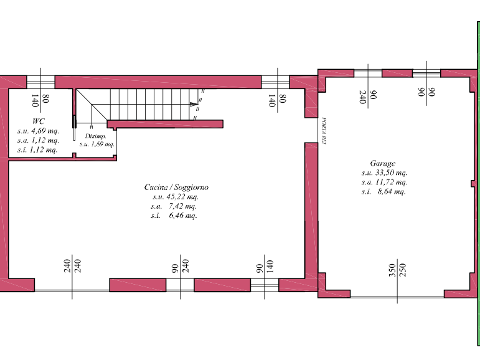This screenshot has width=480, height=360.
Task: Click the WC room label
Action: (x=38, y=121)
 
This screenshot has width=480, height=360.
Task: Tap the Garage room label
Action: (x=382, y=164)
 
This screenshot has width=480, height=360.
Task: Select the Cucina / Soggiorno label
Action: (x=176, y=187)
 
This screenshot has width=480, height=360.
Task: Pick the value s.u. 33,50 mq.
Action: (x=384, y=173)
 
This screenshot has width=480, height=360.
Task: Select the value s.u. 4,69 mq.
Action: (x=38, y=131)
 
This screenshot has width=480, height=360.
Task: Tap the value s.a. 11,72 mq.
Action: (x=384, y=182)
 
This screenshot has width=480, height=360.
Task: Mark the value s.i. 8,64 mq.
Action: (x=384, y=192)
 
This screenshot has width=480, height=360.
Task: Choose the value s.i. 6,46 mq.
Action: (x=174, y=216)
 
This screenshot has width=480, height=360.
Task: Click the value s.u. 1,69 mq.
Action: (x=96, y=144)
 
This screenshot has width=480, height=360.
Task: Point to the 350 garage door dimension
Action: (x=392, y=270)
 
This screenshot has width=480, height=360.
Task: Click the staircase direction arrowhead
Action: (x=192, y=103)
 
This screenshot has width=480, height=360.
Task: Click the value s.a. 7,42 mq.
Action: (x=174, y=206)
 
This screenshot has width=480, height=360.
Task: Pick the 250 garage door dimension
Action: (x=402, y=270)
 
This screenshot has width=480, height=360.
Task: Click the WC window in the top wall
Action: (x=40, y=82)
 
